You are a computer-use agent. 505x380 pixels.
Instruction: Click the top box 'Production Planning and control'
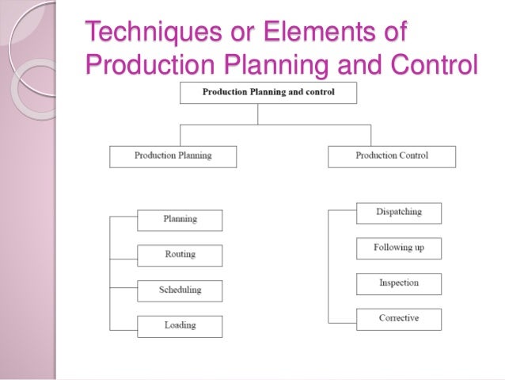point(268,93)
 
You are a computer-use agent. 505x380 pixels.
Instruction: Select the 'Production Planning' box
point(173,156)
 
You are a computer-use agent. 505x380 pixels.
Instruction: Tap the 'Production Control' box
point(392,156)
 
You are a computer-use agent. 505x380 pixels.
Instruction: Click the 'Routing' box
point(180,255)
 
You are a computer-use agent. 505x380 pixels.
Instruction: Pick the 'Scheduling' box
point(180,290)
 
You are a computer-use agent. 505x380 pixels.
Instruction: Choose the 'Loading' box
point(180,325)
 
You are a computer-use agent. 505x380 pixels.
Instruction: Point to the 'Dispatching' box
point(399,213)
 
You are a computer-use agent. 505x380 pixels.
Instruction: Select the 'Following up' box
point(399,248)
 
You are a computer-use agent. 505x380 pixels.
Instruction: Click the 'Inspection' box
point(399,283)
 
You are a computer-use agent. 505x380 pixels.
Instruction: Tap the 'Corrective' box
point(399,319)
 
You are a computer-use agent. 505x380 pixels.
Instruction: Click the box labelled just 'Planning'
point(180,220)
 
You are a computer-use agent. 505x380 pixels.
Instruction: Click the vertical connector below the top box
point(258,114)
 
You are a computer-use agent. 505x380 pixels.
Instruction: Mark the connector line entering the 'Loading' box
point(123,325)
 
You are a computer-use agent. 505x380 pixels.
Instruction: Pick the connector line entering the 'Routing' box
point(123,255)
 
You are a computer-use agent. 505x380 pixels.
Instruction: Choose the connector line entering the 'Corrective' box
point(342,321)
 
